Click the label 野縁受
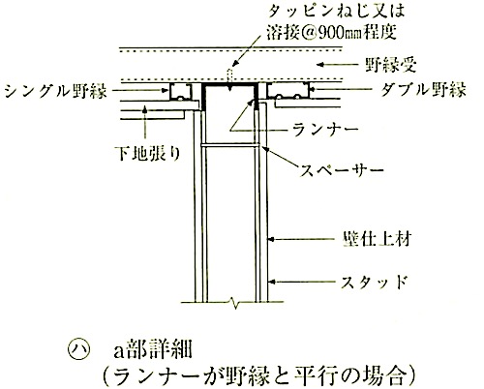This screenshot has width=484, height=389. click(391, 65)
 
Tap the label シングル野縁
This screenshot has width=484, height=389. click(55, 91)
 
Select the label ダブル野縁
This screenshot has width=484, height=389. click(423, 89)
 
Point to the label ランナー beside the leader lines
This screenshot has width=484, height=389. click(325, 130)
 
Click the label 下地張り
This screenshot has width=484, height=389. click(148, 154)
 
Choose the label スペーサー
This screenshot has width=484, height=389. click(342, 169)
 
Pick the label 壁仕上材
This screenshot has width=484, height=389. click(377, 239)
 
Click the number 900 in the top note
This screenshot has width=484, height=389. click(330, 32)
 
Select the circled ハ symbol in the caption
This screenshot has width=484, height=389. click(77, 350)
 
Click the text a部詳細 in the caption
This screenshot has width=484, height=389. click(153, 349)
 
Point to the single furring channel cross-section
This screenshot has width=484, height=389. click(180, 93)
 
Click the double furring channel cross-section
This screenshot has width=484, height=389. click(288, 91)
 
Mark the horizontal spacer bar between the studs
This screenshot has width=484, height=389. click(229, 145)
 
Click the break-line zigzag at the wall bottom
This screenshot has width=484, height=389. click(234, 303)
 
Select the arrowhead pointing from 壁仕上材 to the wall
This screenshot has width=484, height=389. click(271, 239)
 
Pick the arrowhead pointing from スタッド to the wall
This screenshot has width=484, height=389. click(271, 282)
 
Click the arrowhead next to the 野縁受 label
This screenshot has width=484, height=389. click(320, 65)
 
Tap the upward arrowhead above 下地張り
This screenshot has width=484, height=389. click(145, 109)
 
